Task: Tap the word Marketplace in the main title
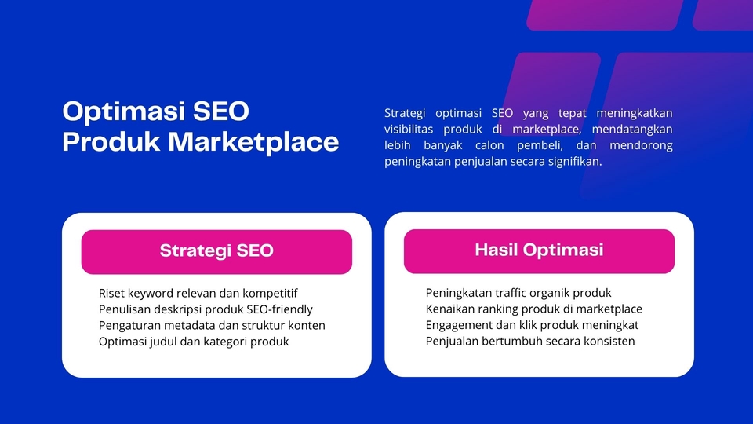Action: pos(253,142)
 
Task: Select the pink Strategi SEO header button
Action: pos(216,252)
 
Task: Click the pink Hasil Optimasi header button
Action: pos(539,251)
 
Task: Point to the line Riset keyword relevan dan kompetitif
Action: pos(198,293)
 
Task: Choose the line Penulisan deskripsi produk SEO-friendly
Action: pos(206,309)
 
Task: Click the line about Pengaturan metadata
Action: pos(212,325)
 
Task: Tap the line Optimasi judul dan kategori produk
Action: pos(194,342)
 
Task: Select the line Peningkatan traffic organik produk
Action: pos(518,293)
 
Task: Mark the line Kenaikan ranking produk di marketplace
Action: pos(533,309)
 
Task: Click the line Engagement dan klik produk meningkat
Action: pos(532,325)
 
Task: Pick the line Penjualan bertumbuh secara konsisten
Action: pos(529,341)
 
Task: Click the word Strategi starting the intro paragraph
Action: pos(405,113)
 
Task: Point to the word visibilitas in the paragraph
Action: pos(408,130)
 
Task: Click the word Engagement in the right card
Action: pos(459,325)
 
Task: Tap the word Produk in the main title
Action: pos(111,142)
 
